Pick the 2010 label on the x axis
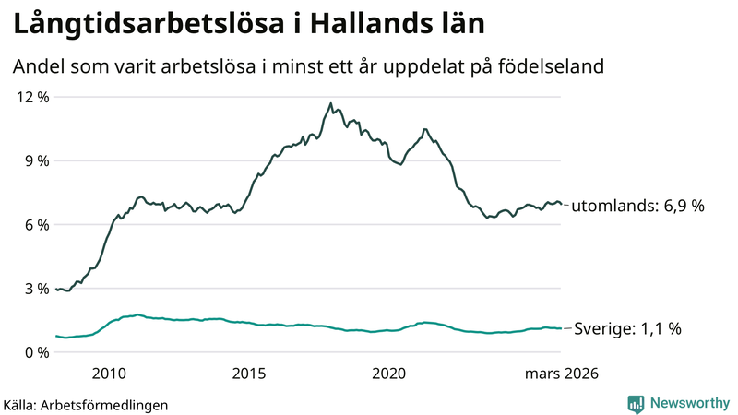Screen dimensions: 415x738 pyautogui.click(x=109, y=373)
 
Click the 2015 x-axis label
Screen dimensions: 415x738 pyautogui.click(x=249, y=373)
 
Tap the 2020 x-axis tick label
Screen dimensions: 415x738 pyautogui.click(x=388, y=373)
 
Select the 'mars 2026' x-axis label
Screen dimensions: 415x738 pyautogui.click(x=562, y=373)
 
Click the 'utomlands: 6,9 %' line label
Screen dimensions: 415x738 pyautogui.click(x=637, y=207)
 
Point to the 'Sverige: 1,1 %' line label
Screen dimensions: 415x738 pyautogui.click(x=627, y=328)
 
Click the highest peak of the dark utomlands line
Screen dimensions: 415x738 pyautogui.click(x=330, y=103)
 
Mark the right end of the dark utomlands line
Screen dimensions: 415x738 pyautogui.click(x=561, y=204)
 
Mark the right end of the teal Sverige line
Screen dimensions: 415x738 pyautogui.click(x=561, y=328)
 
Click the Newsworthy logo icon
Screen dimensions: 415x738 pyautogui.click(x=636, y=403)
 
